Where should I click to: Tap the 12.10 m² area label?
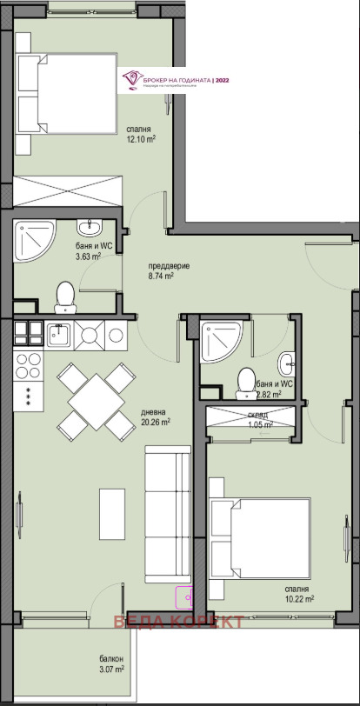click(x=139, y=139)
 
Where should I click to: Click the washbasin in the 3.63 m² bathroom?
click(x=89, y=228)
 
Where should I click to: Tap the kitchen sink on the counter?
click(x=60, y=334)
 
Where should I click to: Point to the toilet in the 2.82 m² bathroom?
click(x=246, y=380)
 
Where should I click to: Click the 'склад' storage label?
click(x=259, y=415)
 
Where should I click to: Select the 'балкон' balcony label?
click(x=110, y=658)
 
